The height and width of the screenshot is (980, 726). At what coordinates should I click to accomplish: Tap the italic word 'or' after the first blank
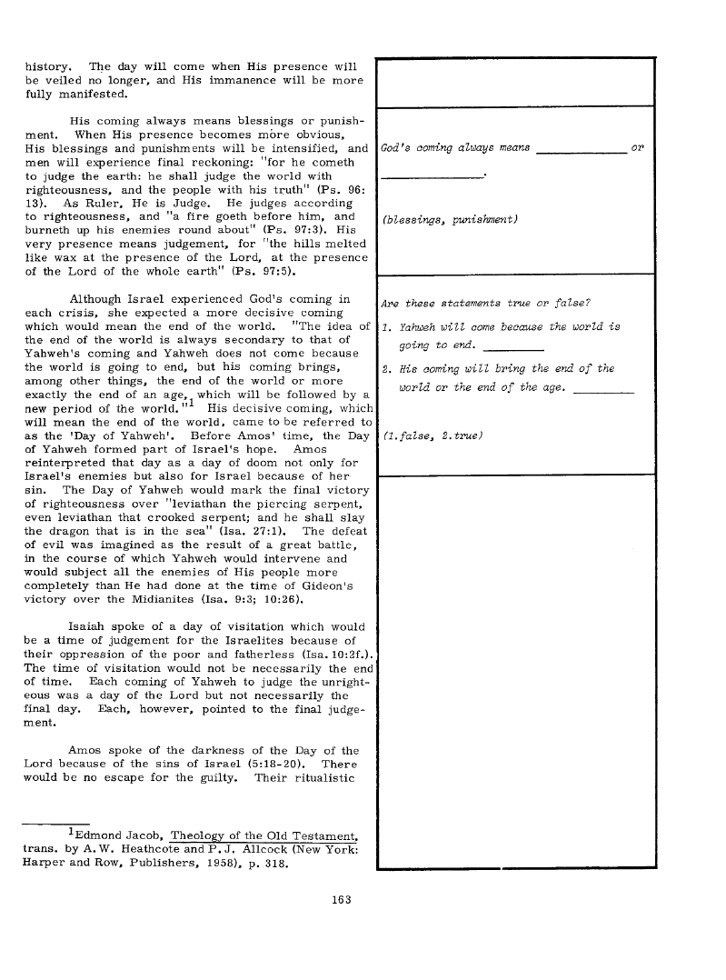pos(637,147)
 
